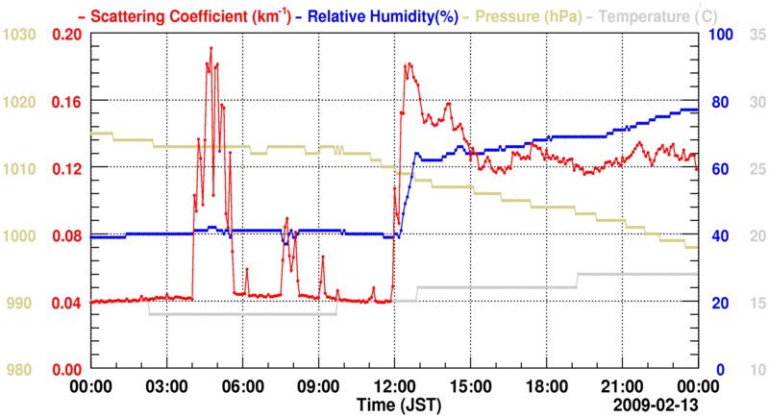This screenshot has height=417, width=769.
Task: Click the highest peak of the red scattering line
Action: (x=211, y=47)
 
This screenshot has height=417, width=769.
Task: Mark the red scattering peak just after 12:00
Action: (x=409, y=64)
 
